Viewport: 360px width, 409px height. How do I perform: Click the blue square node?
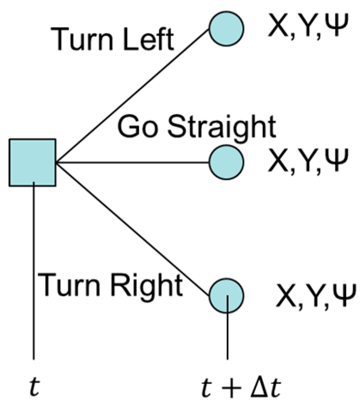click(32, 162)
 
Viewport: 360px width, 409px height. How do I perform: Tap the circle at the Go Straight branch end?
click(226, 162)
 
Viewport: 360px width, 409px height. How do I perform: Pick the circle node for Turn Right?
click(226, 295)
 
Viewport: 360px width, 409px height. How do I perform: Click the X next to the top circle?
click(276, 27)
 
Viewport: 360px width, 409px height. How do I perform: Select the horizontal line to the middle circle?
click(133, 162)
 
